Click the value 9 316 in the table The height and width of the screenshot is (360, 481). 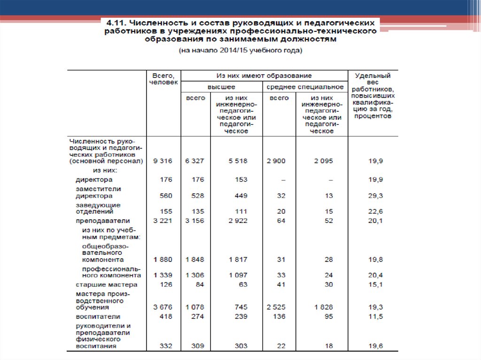(x=163, y=161)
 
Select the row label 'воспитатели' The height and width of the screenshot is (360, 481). (x=98, y=317)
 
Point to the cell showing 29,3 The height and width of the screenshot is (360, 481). (x=375, y=196)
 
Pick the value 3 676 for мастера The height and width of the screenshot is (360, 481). (x=163, y=307)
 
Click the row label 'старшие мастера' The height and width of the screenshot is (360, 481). (x=107, y=284)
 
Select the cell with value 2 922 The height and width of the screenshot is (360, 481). (x=238, y=221)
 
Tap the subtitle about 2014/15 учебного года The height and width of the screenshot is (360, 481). (x=240, y=51)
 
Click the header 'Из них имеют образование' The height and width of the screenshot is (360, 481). (x=264, y=75)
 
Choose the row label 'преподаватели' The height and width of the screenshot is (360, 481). (x=103, y=221)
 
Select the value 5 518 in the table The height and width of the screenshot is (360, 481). (x=238, y=161)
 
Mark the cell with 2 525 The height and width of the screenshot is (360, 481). (x=276, y=307)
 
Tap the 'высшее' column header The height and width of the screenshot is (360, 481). (x=221, y=87)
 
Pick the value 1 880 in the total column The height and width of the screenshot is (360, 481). (x=163, y=260)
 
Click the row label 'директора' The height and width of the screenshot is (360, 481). (x=94, y=179)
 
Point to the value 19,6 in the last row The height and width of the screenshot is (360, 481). (x=375, y=346)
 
